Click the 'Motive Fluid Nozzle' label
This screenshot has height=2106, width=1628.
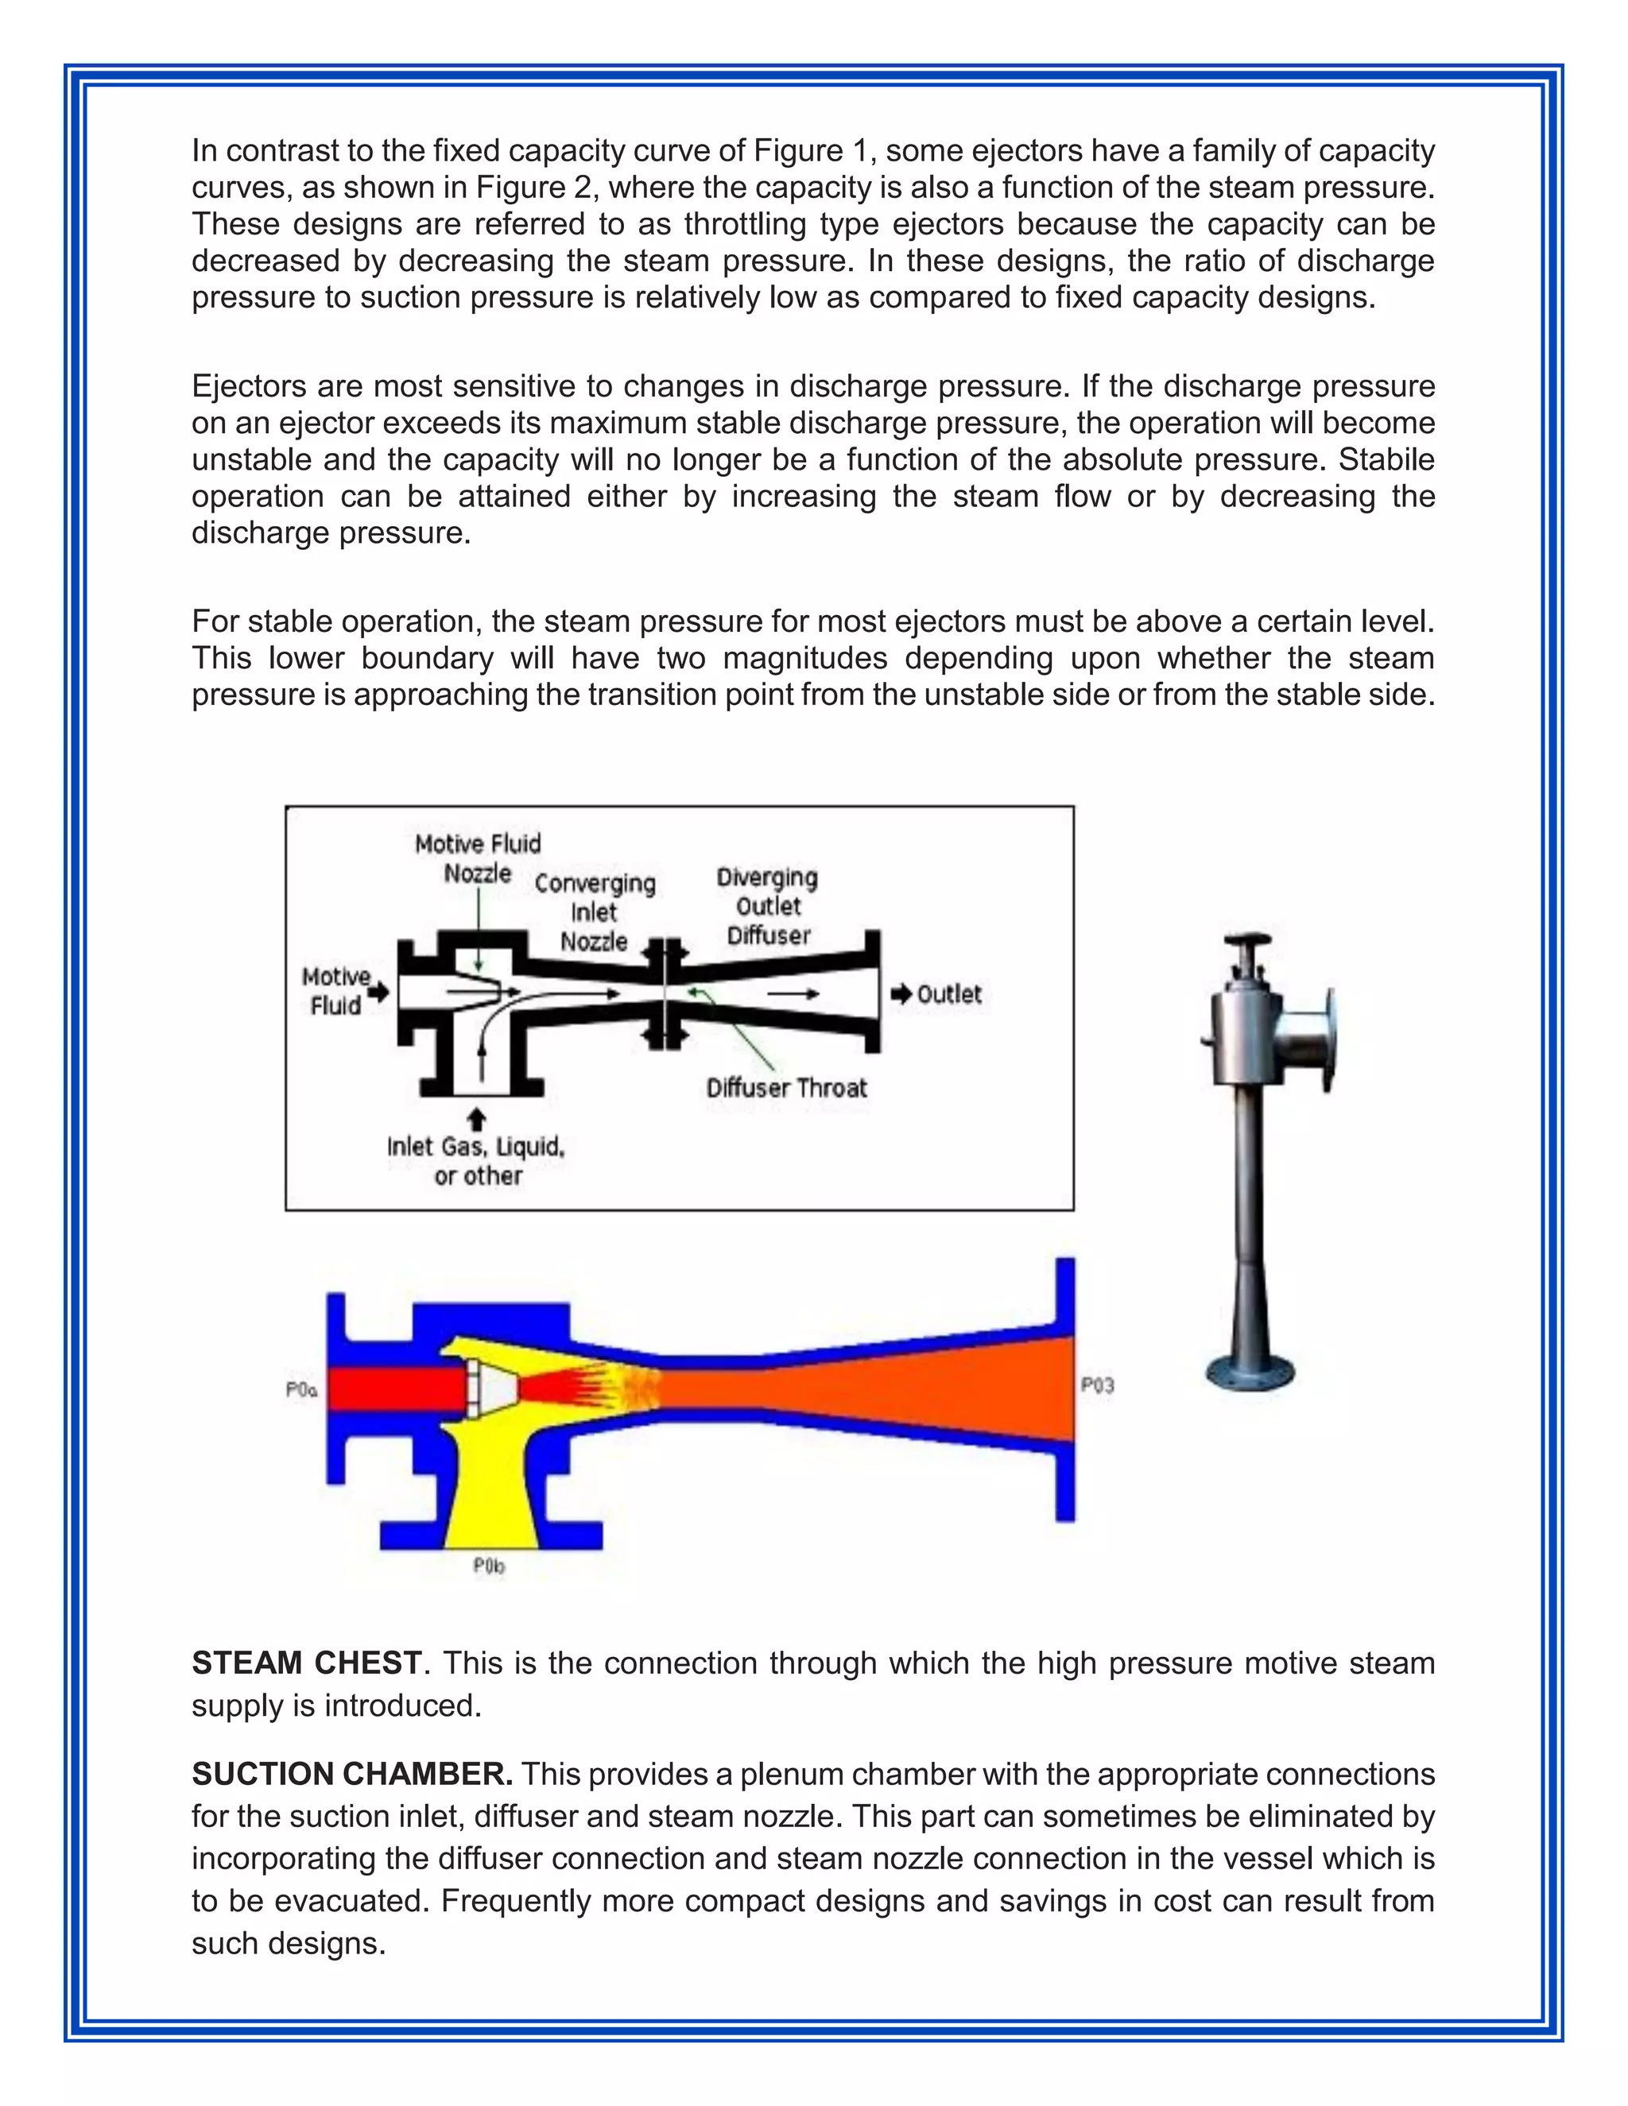pos(478,858)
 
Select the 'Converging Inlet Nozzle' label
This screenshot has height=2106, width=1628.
pos(594,912)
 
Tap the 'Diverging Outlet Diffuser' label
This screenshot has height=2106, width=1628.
pos(768,905)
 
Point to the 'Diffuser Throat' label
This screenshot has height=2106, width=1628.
pos(786,1088)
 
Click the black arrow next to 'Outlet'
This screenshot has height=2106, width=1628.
pos(901,994)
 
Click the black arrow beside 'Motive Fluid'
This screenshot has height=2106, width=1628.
pos(379,991)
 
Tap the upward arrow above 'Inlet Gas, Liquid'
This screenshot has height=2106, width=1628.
pos(476,1119)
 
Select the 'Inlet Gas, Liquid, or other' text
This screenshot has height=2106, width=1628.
pos(476,1160)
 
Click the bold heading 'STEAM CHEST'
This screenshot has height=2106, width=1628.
pos(307,1663)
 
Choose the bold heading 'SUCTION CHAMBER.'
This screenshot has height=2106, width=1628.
pos(352,1775)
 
